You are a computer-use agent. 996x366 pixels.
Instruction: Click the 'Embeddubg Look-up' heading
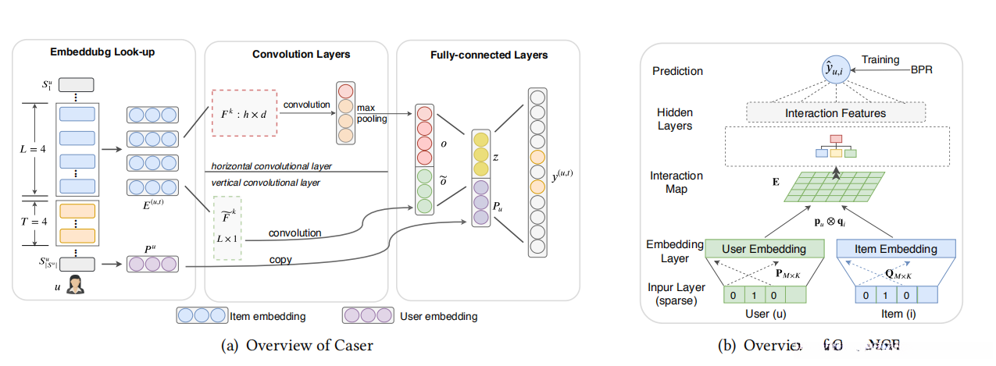pyautogui.click(x=102, y=54)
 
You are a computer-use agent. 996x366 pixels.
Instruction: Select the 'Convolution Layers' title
pyautogui.click(x=301, y=54)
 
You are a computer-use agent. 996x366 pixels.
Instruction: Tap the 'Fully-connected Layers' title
pyautogui.click(x=489, y=55)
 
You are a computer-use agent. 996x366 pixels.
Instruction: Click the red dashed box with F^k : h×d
pyautogui.click(x=244, y=113)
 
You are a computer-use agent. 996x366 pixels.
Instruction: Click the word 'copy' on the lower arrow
pyautogui.click(x=280, y=258)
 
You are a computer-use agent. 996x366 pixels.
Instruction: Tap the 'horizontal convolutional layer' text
pyautogui.click(x=270, y=167)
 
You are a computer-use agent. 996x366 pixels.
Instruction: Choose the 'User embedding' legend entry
pyautogui.click(x=409, y=316)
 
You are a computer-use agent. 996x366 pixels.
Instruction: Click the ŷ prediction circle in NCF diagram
pyautogui.click(x=836, y=72)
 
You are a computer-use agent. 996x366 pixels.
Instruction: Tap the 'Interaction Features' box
pyautogui.click(x=835, y=113)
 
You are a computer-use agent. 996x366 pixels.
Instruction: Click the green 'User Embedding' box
pyautogui.click(x=765, y=249)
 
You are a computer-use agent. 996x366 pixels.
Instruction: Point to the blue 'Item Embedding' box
pyautogui.click(x=896, y=249)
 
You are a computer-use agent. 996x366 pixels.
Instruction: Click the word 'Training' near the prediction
pyautogui.click(x=880, y=59)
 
